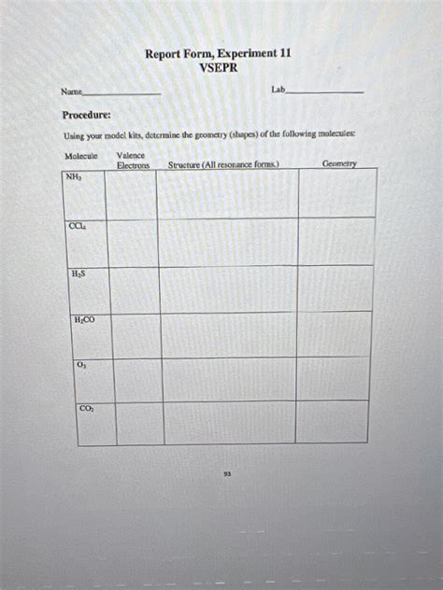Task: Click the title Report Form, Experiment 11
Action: tap(218, 54)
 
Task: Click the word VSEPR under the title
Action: tap(218, 67)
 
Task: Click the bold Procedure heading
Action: tap(86, 115)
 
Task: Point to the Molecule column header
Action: tap(81, 155)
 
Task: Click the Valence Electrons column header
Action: tap(133, 160)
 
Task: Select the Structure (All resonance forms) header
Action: tap(222, 165)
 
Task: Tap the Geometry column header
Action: tap(339, 163)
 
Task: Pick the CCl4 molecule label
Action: tap(77, 226)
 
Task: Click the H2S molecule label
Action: tap(79, 274)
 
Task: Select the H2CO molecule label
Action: tap(84, 320)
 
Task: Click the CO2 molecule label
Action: tap(86, 408)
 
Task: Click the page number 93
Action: tap(227, 473)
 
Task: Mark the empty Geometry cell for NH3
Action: tap(336, 193)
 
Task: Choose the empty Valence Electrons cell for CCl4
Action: tap(133, 242)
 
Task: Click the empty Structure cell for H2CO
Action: tap(228, 334)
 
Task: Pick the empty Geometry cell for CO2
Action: tap(331, 422)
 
